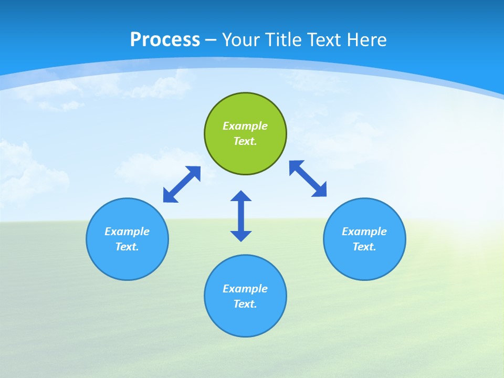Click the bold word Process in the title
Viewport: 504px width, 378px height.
click(x=165, y=40)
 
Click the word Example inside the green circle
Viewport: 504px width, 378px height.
click(x=245, y=126)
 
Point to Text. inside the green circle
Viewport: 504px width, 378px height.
click(x=245, y=141)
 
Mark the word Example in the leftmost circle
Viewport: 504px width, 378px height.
click(x=127, y=232)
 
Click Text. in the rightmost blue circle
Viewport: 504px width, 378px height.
click(x=364, y=247)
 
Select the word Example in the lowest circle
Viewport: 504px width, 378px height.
click(x=245, y=289)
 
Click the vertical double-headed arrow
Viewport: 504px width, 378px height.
click(x=241, y=216)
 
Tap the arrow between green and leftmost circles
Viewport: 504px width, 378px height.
click(x=182, y=184)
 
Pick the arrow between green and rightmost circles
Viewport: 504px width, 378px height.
click(x=308, y=178)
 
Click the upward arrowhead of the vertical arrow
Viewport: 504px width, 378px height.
click(x=241, y=196)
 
